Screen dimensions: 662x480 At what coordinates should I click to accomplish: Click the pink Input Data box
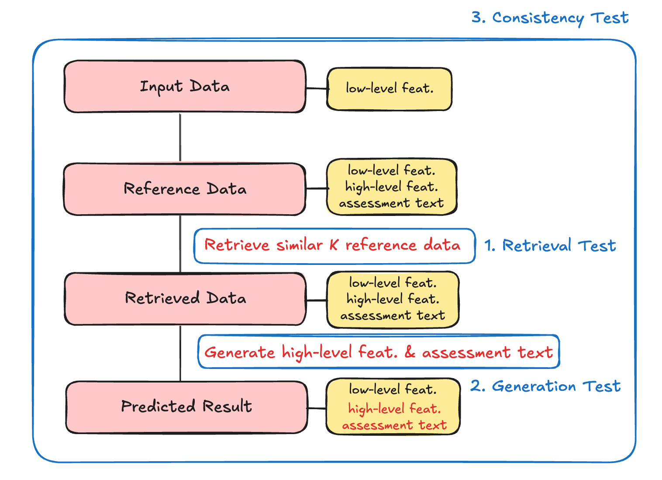point(185,87)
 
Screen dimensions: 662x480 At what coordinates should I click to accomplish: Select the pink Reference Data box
point(185,189)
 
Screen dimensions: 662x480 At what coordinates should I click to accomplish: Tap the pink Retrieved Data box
point(185,299)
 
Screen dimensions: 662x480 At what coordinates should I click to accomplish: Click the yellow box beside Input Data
point(389,89)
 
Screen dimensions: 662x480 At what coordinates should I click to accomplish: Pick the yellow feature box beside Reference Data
point(392,187)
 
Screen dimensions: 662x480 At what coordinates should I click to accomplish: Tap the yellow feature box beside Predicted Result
point(393,407)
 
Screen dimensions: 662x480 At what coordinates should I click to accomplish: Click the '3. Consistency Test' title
point(550,18)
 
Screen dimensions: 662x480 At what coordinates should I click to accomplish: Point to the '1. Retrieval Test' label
point(550,245)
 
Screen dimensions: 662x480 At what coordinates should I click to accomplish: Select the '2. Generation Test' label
point(545,386)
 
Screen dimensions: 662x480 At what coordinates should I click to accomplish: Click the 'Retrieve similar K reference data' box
point(334,246)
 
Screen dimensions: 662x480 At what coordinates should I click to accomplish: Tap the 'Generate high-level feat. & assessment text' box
point(379,351)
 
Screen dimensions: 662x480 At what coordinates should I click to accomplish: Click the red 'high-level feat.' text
point(395,409)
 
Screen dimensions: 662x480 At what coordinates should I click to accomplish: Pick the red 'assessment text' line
point(395,425)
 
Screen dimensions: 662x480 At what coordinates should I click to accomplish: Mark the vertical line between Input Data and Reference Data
point(180,138)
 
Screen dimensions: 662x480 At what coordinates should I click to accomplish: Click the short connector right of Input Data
point(317,88)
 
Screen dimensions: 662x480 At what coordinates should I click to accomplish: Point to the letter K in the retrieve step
point(334,245)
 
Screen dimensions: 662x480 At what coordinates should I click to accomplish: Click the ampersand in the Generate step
point(410,352)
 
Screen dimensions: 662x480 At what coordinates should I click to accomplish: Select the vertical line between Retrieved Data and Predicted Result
point(180,353)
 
